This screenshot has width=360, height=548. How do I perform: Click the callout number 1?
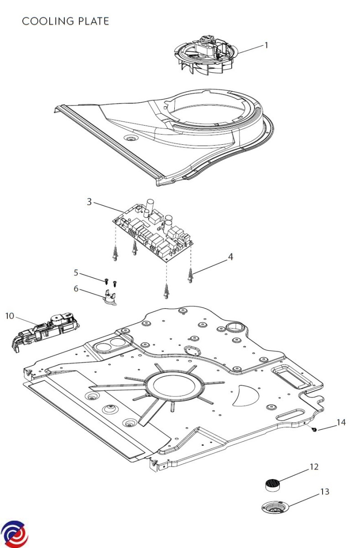click(x=266, y=45)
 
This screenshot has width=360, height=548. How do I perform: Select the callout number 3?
click(x=90, y=201)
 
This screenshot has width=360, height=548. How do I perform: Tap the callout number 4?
click(x=231, y=257)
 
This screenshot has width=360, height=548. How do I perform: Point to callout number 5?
click(x=76, y=273)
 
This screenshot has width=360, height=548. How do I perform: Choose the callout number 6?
click(x=76, y=288)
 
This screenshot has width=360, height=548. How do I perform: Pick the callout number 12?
click(x=313, y=467)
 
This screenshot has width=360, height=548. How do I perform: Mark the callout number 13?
click(x=324, y=492)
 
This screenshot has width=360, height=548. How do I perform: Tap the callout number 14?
click(x=341, y=422)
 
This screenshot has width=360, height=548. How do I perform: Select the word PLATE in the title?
click(x=94, y=21)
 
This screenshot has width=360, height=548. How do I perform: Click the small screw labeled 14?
click(x=314, y=430)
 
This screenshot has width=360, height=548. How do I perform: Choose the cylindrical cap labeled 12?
click(x=272, y=484)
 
